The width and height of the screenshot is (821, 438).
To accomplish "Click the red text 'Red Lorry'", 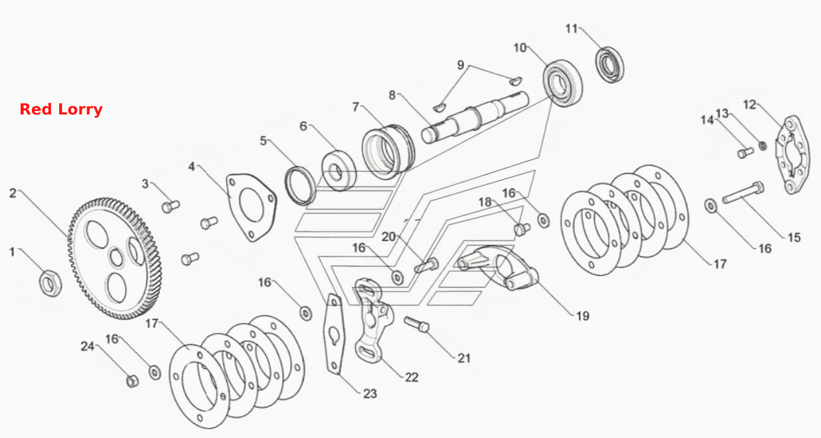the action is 61,109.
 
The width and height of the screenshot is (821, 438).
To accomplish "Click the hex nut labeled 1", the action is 50,283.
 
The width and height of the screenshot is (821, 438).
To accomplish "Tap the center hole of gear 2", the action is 116,257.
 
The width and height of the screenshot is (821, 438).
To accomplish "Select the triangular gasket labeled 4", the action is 251,207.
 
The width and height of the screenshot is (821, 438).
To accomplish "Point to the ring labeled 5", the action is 300,186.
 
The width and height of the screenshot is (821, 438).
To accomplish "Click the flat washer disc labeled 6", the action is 339,170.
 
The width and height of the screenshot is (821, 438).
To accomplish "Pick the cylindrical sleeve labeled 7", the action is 388,152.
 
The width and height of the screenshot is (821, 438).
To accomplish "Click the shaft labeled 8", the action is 475,116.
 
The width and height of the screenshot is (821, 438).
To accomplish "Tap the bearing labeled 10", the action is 563,83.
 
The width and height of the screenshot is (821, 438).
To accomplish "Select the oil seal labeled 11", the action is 609,65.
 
